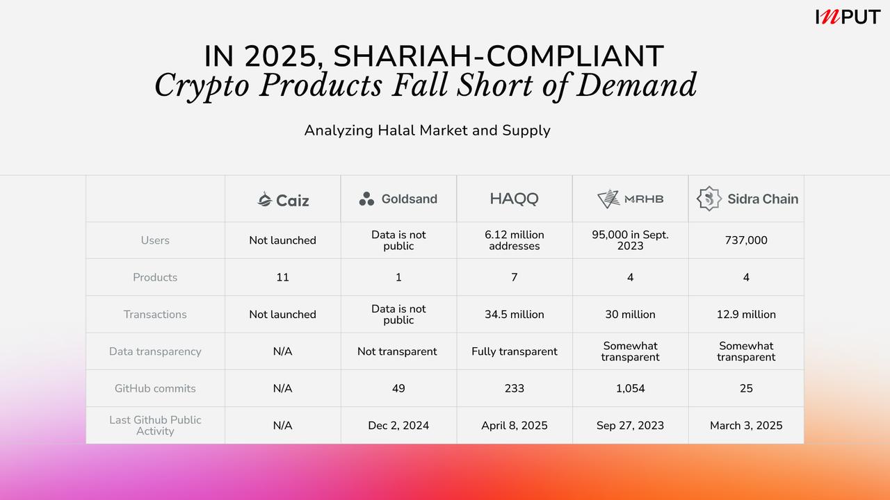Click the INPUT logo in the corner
coord(848,17)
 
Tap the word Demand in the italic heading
coord(637,85)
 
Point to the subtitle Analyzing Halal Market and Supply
coord(427,131)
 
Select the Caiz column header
coord(282,200)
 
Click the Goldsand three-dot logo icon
coord(366,200)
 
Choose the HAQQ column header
coord(514,199)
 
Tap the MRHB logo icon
coord(608,199)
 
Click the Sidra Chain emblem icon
coord(709,199)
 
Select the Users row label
coord(155,240)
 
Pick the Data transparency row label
coord(155,351)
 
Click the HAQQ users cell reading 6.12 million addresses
coord(515,240)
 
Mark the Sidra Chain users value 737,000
coord(746,240)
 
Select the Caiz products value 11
coord(282,277)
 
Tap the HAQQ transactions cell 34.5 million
coord(515,315)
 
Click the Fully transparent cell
coord(515,351)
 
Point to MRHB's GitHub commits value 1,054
coord(630,388)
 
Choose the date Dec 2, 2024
coord(398,426)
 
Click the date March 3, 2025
coord(746,426)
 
